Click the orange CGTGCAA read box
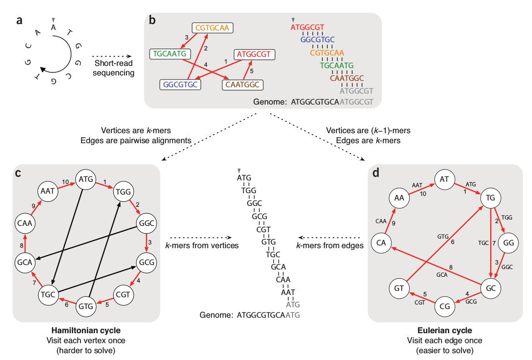(x=213, y=28)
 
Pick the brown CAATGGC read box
(x=243, y=85)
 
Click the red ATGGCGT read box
(x=254, y=55)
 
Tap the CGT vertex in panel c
(x=123, y=294)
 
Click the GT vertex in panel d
(x=400, y=288)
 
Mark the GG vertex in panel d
(x=508, y=243)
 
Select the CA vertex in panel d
(x=381, y=243)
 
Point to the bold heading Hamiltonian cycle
(x=86, y=331)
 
